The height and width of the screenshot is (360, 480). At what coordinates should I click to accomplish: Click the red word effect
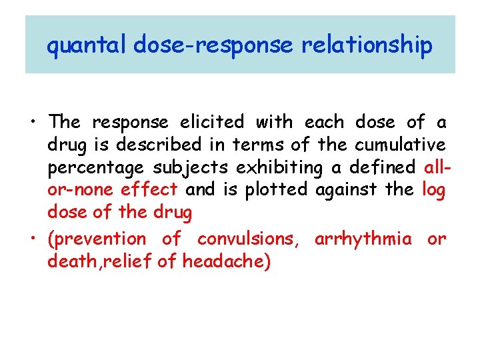[149, 191]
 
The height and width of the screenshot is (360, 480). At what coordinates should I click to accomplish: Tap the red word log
[433, 191]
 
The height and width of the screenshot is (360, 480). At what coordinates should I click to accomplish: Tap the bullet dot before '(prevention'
[33, 239]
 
